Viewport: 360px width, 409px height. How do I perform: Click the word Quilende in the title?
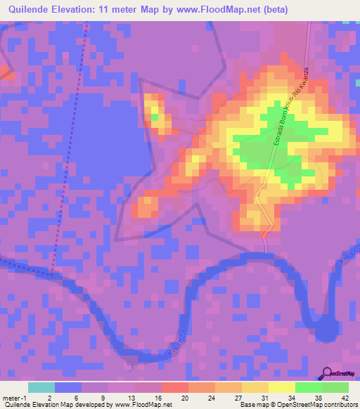point(26,10)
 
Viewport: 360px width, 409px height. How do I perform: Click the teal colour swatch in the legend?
point(41,387)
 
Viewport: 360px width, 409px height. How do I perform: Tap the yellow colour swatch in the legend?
point(281,387)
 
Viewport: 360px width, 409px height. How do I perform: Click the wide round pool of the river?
point(325,328)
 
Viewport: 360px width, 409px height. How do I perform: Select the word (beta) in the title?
point(274,10)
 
